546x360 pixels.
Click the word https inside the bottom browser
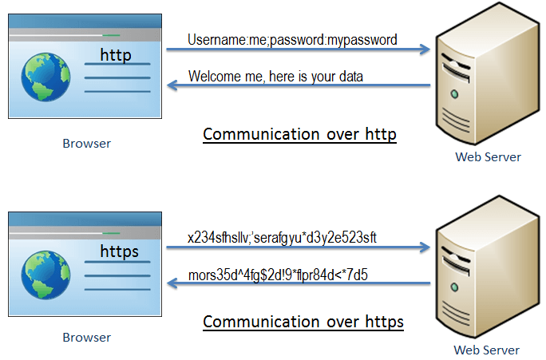[x=120, y=251]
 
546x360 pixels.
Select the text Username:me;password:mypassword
[x=292, y=39]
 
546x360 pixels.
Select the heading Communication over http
[x=299, y=134]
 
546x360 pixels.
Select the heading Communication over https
[x=303, y=322]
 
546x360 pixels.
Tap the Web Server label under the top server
[x=488, y=156]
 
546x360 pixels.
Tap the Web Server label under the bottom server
[x=486, y=350]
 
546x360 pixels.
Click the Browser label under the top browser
[x=86, y=144]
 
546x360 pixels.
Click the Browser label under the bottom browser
[x=86, y=337]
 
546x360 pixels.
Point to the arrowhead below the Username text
[x=425, y=49]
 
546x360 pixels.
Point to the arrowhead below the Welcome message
[x=172, y=86]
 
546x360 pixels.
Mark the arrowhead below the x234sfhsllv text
[x=425, y=247]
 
